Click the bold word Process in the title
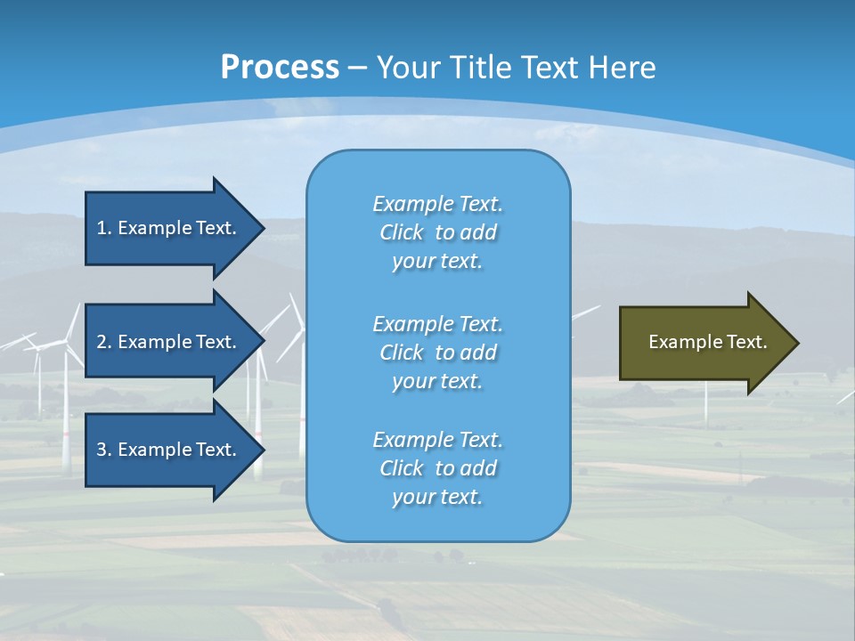point(280,68)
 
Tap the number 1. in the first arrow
point(104,228)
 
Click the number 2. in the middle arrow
point(104,342)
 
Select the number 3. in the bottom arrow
point(104,450)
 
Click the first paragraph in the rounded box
point(437,232)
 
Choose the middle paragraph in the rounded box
point(437,353)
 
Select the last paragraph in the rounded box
point(437,468)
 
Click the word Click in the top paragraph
point(402,232)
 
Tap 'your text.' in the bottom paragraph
point(437,497)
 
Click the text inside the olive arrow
point(707,342)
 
